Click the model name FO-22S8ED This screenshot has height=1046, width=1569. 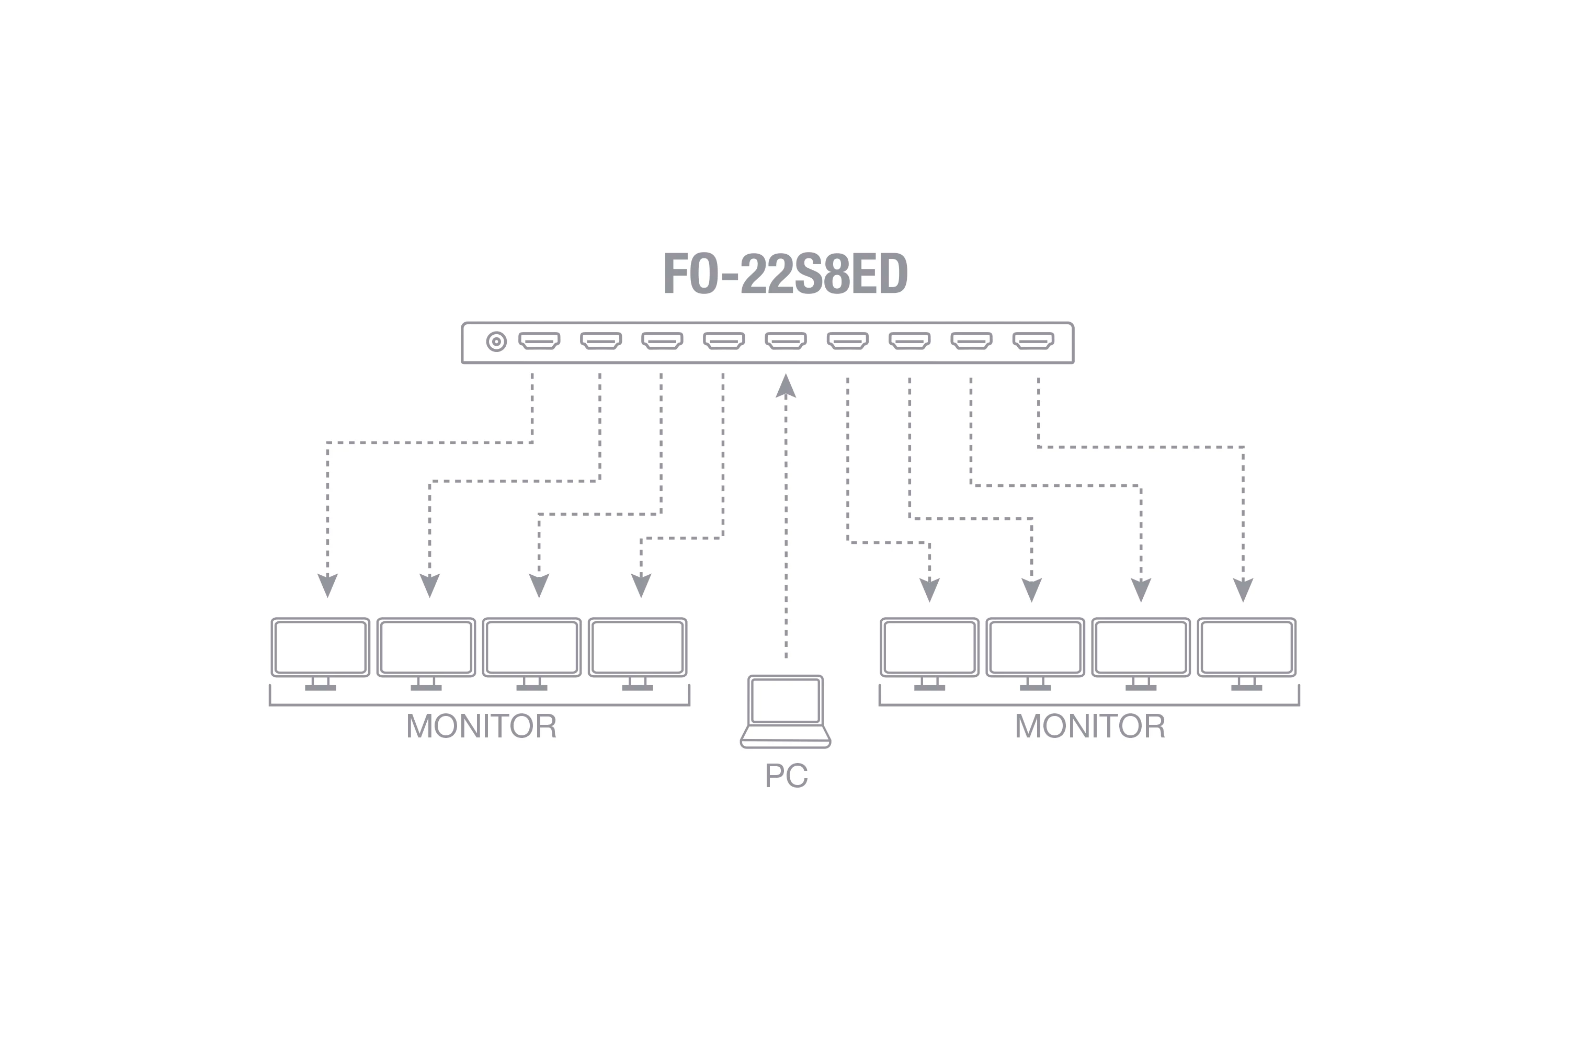point(785,273)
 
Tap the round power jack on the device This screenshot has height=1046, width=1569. point(496,342)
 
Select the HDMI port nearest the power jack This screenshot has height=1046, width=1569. point(539,341)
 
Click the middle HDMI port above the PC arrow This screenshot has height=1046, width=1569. point(786,341)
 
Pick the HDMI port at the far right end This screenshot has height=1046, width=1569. point(1033,341)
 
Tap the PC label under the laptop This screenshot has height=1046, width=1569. point(786,775)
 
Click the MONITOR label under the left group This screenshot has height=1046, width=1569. point(481,726)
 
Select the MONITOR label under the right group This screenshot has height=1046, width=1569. point(1090,726)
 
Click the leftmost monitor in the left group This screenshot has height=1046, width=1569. point(320,654)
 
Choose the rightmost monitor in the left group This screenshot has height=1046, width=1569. point(638,654)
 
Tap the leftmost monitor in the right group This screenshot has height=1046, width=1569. point(929,654)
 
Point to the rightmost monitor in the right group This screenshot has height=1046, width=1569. point(1247,654)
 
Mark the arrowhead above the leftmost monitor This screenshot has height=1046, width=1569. point(327,585)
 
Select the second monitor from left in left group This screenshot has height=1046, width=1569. point(426,654)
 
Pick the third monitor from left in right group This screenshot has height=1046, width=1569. point(1141,654)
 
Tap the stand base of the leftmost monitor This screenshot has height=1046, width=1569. point(320,688)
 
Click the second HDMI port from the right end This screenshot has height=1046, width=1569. point(971,341)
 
